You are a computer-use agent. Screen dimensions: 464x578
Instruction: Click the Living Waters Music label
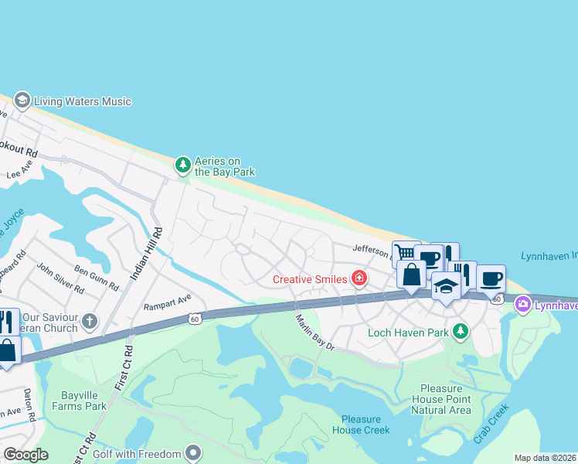pyautogui.click(x=83, y=101)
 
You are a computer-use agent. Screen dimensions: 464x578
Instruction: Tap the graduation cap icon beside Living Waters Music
pyautogui.click(x=22, y=101)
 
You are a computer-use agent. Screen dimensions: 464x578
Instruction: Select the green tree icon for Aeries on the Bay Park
pyautogui.click(x=182, y=164)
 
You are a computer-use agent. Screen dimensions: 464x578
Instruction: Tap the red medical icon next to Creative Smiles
pyautogui.click(x=359, y=278)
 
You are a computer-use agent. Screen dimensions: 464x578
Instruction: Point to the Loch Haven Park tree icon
pyautogui.click(x=461, y=331)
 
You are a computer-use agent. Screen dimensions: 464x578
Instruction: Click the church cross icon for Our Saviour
pyautogui.click(x=90, y=320)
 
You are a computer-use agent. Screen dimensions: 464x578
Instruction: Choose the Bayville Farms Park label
pyautogui.click(x=84, y=400)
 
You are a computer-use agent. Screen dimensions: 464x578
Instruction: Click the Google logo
pyautogui.click(x=25, y=455)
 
